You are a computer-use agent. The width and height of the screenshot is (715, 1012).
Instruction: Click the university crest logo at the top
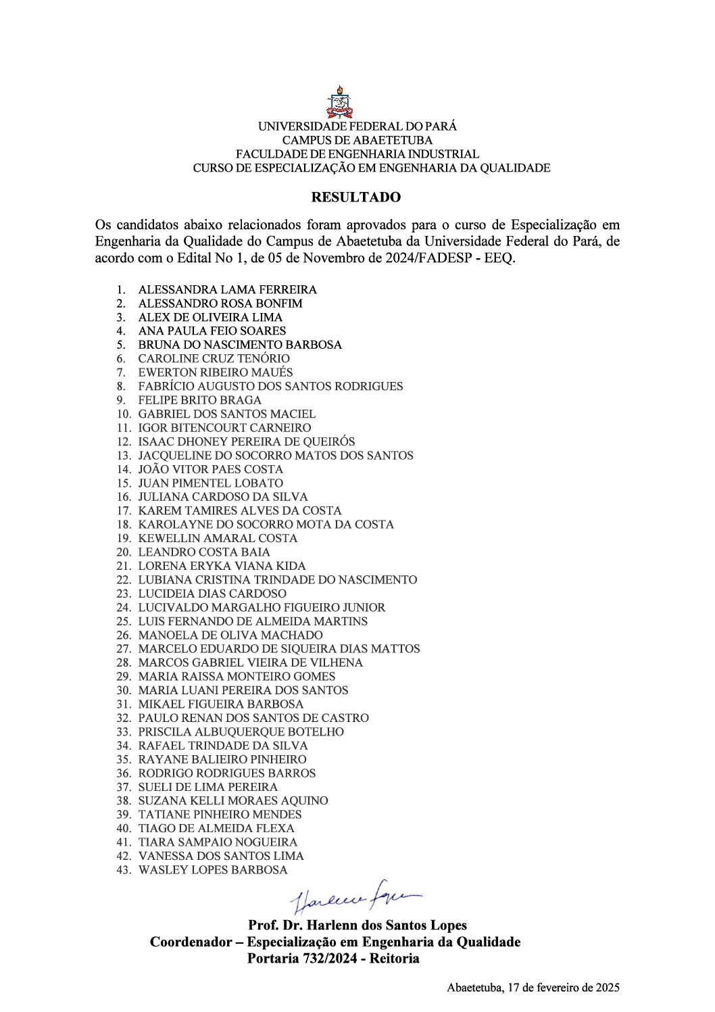coord(339,102)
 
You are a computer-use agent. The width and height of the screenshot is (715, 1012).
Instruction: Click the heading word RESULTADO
coord(355,197)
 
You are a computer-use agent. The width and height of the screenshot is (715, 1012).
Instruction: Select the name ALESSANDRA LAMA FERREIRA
coord(227,289)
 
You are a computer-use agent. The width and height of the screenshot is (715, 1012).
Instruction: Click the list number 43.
coord(124,870)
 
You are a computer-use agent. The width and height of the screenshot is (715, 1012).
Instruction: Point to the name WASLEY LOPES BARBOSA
coord(213,870)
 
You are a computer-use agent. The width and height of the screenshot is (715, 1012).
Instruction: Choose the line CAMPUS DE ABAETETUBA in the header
coord(357,140)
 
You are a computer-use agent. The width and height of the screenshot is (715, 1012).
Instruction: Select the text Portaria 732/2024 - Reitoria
coord(333,958)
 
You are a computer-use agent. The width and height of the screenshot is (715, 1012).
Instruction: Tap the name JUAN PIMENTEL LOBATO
coord(211,483)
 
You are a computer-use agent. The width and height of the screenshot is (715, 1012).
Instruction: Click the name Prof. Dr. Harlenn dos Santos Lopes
coord(357,925)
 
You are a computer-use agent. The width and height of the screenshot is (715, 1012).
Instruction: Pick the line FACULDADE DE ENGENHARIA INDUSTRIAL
coord(357,154)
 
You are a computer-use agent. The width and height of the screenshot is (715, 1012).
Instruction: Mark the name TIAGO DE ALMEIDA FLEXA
coord(216,828)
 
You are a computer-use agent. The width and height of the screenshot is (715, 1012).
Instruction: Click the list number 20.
coord(124,552)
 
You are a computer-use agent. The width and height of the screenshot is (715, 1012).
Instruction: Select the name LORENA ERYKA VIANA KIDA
coord(222,566)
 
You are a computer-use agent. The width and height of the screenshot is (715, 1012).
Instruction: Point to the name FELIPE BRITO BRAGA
coord(199,400)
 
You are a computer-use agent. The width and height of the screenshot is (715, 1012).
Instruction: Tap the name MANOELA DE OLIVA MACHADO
coord(230,635)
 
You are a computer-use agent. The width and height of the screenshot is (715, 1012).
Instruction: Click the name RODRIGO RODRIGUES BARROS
coord(227,773)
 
